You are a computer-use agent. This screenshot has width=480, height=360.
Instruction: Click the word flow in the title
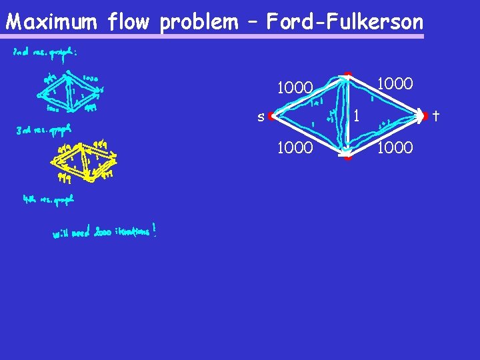(x=131, y=22)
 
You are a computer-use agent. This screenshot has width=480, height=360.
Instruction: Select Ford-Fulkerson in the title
(x=344, y=22)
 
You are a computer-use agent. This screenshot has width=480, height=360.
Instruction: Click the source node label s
(x=261, y=117)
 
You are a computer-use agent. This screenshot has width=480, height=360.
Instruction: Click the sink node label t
(x=435, y=116)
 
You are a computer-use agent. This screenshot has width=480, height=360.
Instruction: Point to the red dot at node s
(x=271, y=117)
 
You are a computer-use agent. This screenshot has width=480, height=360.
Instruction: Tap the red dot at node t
(x=423, y=116)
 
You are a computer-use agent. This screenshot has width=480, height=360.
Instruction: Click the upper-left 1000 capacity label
(x=295, y=88)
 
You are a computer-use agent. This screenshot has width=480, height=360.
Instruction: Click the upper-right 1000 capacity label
(x=395, y=84)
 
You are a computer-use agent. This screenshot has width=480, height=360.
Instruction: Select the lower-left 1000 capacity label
(x=295, y=147)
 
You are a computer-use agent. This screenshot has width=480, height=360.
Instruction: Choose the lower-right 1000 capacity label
(x=395, y=147)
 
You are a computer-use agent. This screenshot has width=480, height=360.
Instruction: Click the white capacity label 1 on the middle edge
(x=357, y=116)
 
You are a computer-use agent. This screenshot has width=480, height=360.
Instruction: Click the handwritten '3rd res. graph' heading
(x=44, y=129)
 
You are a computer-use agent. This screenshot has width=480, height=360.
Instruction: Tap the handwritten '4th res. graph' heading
(x=47, y=199)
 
